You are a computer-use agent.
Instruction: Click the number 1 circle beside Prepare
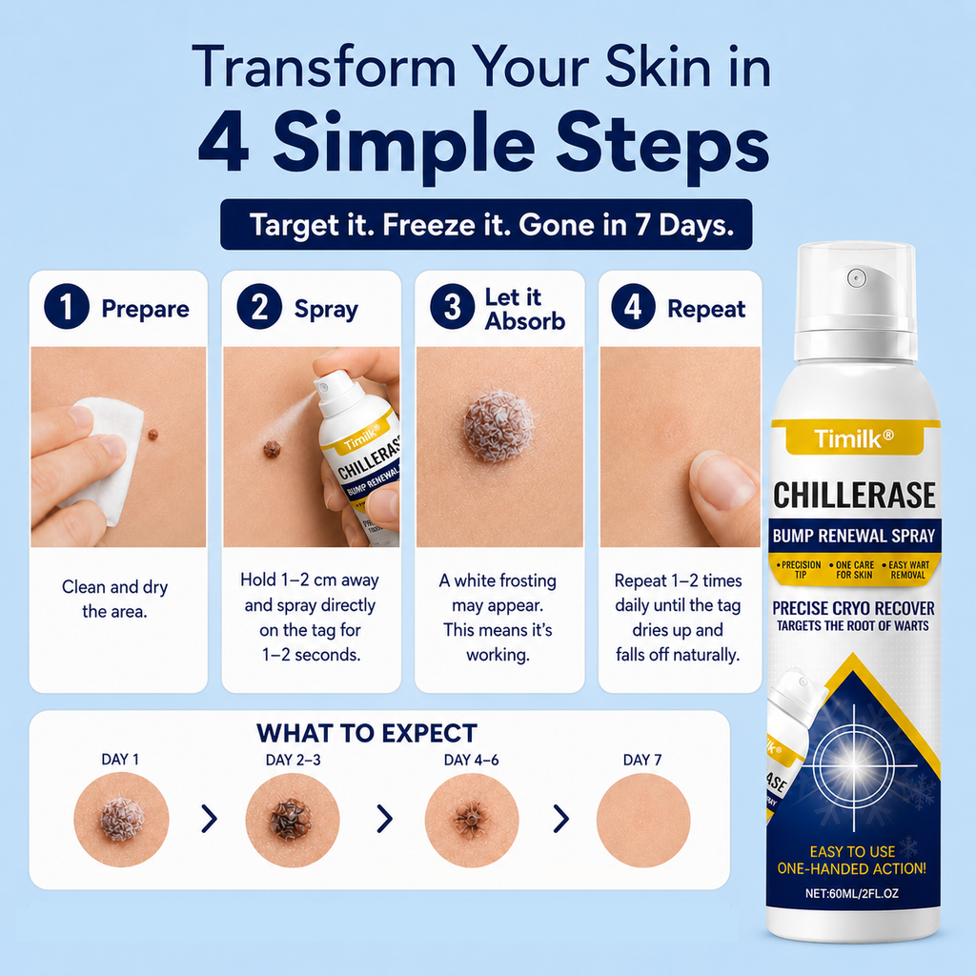pyautogui.click(x=67, y=306)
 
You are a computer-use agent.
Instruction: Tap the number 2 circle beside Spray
pyautogui.click(x=259, y=306)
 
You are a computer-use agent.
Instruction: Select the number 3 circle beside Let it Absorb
pyautogui.click(x=453, y=306)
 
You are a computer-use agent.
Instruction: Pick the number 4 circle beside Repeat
pyautogui.click(x=634, y=306)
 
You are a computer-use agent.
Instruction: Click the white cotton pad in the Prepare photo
pyautogui.click(x=109, y=457)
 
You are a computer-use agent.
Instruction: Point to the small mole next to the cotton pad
pyautogui.click(x=153, y=434)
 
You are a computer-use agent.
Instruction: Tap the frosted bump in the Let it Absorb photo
pyautogui.click(x=498, y=426)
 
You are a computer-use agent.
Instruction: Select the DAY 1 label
pyautogui.click(x=120, y=760)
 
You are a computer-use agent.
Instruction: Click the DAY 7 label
pyautogui.click(x=642, y=760)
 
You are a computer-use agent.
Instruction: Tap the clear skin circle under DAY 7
pyautogui.click(x=643, y=820)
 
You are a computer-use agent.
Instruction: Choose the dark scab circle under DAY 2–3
pyautogui.click(x=293, y=820)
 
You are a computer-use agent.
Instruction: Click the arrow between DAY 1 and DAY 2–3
pyautogui.click(x=210, y=819)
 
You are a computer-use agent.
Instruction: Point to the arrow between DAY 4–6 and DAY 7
pyautogui.click(x=561, y=819)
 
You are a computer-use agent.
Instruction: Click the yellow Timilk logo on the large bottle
pyautogui.click(x=853, y=438)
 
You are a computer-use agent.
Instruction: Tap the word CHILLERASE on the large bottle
pyautogui.click(x=854, y=496)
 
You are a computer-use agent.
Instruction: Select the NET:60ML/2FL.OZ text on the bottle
pyautogui.click(x=851, y=893)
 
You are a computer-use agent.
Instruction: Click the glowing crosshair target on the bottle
pyautogui.click(x=853, y=765)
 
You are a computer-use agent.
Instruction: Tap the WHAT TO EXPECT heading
pyautogui.click(x=367, y=733)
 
